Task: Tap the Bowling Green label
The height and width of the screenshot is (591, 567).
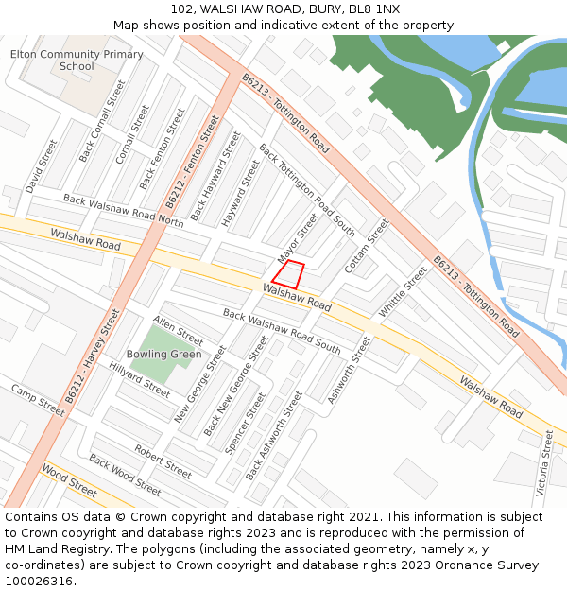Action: click(x=164, y=355)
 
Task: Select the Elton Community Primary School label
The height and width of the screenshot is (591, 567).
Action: click(x=77, y=61)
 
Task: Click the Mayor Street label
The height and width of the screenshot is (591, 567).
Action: click(x=299, y=239)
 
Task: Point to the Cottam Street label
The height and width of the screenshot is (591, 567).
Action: click(x=367, y=246)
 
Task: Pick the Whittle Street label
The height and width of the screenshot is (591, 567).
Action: click(x=404, y=292)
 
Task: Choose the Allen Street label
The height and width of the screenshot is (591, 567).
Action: click(x=178, y=331)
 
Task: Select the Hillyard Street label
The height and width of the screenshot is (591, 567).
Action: click(x=139, y=378)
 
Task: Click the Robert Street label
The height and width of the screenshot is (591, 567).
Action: click(x=163, y=460)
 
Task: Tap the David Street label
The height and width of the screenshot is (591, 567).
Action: click(x=42, y=166)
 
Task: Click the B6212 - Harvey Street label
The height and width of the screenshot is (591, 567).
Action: click(x=94, y=356)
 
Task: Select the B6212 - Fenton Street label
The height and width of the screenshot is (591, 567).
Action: click(x=192, y=163)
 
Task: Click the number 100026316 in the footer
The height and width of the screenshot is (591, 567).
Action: click(x=39, y=581)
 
